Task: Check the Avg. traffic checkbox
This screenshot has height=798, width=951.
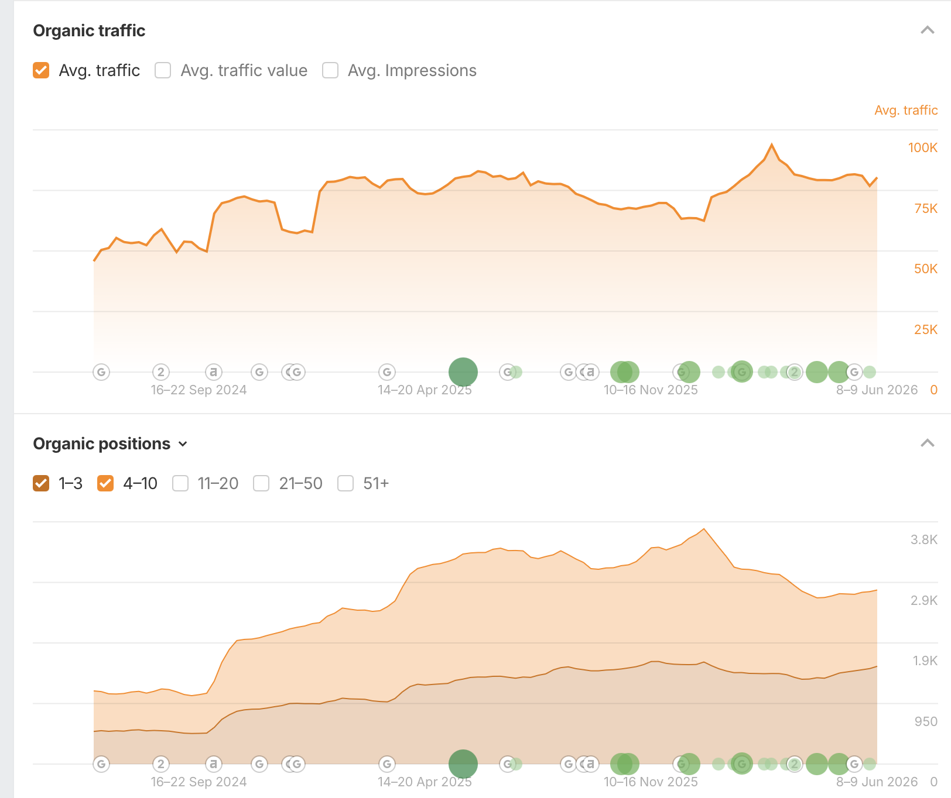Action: tap(41, 70)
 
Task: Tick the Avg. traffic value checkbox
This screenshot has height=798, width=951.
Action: tap(163, 70)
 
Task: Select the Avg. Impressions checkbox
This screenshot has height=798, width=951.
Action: tap(330, 70)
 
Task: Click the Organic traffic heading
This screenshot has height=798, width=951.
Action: tap(89, 30)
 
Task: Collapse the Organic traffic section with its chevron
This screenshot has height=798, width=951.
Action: tap(927, 30)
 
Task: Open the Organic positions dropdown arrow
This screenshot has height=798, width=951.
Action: tap(183, 444)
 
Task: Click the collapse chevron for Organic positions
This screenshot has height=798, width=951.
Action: tap(927, 443)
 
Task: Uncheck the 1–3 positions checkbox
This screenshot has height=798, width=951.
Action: tap(41, 483)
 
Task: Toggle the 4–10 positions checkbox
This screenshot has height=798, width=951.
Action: tap(105, 483)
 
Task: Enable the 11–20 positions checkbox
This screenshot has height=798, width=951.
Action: tap(180, 483)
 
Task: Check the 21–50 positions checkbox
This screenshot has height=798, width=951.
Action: tap(261, 483)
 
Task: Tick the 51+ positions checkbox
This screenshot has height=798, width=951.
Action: tap(345, 483)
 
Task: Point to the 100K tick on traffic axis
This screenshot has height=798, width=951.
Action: tap(922, 147)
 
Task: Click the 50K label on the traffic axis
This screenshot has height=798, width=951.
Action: tap(925, 269)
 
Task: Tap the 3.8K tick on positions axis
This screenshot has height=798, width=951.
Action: tap(923, 539)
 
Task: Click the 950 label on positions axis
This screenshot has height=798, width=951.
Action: tap(926, 721)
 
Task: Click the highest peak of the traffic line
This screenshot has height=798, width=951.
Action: tap(772, 144)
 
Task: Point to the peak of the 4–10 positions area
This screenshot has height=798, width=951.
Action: tap(704, 529)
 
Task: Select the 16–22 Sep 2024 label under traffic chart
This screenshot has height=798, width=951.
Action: tap(199, 390)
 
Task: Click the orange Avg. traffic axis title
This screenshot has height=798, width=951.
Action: tap(906, 110)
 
